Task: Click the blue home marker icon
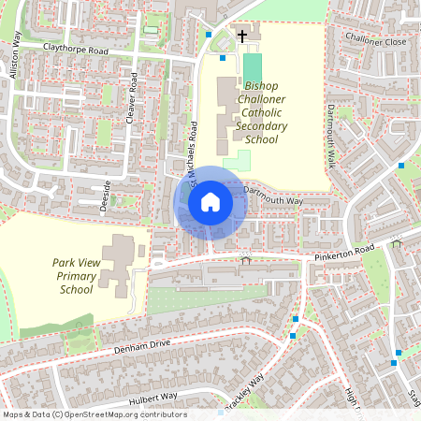(210, 201)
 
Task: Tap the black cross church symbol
(242, 36)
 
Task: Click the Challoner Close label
(375, 41)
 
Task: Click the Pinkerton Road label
(345, 250)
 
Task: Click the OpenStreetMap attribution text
(94, 414)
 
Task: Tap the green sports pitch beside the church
(252, 66)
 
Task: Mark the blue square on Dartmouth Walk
(401, 165)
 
